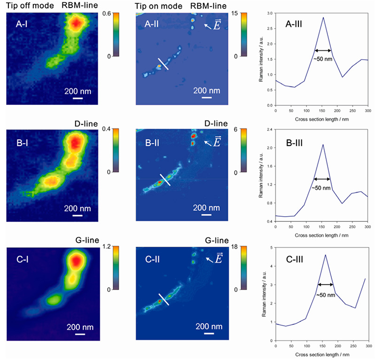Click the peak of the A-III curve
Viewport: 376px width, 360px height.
tap(323, 17)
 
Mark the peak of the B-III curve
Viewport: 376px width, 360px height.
tap(323, 144)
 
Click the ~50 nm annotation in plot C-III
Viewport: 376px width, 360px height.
tap(325, 294)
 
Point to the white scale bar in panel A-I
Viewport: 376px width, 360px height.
tap(78, 98)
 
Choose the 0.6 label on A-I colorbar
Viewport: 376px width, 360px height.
tap(107, 14)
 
